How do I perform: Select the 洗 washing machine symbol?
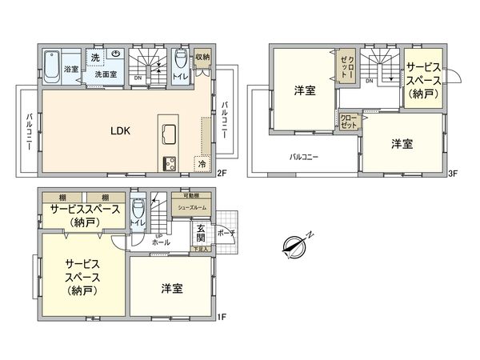tap(95, 57)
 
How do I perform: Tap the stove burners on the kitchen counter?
tap(170, 164)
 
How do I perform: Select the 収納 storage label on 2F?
tap(202, 58)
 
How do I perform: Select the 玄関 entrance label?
tap(201, 233)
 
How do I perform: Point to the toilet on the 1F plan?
tap(138, 211)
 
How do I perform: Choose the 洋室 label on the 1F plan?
tap(170, 287)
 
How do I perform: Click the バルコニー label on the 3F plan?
tap(304, 157)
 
